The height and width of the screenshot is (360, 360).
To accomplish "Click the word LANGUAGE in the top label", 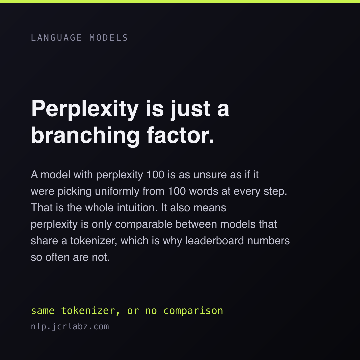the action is [x=56, y=38].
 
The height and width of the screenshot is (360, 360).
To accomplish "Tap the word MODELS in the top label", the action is [x=109, y=38].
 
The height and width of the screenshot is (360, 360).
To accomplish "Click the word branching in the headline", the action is [x=85, y=135].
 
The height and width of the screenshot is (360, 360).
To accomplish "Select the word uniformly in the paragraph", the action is [x=117, y=191].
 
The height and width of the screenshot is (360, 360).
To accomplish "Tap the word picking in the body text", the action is [x=75, y=191].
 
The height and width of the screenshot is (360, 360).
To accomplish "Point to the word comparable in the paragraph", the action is [x=143, y=224].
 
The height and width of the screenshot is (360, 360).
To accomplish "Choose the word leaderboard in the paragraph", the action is [x=215, y=241].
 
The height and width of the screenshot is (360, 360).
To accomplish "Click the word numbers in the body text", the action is [x=268, y=241].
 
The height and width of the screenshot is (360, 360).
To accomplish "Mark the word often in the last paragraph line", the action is [x=57, y=257].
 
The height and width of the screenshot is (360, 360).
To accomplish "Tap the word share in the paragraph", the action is [x=44, y=241].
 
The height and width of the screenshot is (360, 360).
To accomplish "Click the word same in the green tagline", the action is [x=43, y=311].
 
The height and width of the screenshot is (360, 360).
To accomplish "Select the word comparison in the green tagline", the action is [x=193, y=311].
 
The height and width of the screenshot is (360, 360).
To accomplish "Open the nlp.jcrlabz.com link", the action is [x=70, y=326].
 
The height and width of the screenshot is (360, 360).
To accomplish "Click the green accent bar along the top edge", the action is [x=180, y=2].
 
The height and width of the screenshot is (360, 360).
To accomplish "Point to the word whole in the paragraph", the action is [x=99, y=208].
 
